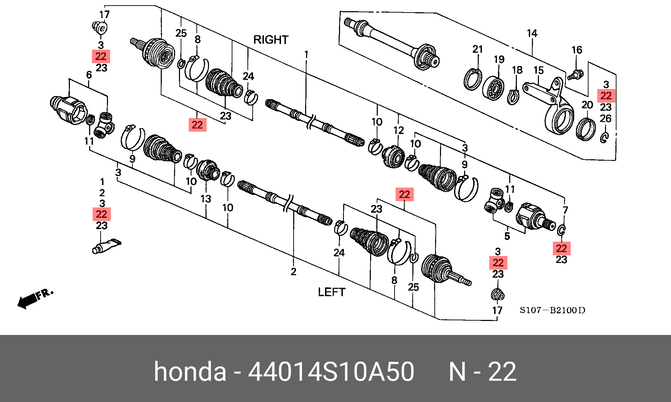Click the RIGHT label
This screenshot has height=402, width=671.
coord(271,40)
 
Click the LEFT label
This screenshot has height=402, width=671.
coord(331,292)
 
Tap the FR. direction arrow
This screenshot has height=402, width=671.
coord(35,298)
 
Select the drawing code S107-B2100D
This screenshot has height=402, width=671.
coord(552,310)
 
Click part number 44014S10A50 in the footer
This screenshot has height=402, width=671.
coord(331,372)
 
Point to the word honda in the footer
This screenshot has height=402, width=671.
coord(190,372)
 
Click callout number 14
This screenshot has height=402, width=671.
coord(532,34)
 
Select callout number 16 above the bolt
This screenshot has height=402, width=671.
coord(577,50)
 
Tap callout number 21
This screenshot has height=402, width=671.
coord(477,49)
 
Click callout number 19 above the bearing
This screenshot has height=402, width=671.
coord(499,59)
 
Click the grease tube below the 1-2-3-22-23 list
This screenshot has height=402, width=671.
coord(107,246)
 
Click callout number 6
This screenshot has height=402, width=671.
coord(89,75)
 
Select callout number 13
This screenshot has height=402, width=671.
coord(205,199)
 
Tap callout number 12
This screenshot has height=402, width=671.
coord(398,130)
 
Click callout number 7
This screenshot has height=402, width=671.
coord(565,210)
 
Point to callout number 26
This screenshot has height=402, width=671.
coord(606,119)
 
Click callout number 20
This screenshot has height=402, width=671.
coord(587,105)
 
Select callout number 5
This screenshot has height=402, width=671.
coord(507,236)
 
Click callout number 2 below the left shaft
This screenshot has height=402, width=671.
coord(294,271)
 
